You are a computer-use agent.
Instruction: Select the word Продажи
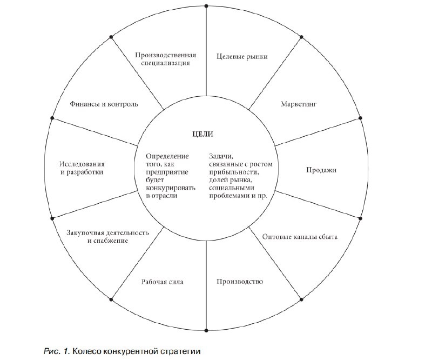click(x=321, y=170)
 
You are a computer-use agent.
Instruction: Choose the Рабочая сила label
click(x=163, y=282)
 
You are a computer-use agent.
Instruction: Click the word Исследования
click(x=82, y=164)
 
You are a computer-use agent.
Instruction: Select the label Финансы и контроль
click(x=104, y=103)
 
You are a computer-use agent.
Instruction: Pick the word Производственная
click(x=165, y=55)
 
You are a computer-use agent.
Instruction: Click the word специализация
click(x=166, y=63)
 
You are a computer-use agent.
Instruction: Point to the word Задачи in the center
click(x=219, y=156)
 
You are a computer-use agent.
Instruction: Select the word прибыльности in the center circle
click(x=230, y=172)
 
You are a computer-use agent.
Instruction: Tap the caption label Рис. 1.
click(x=56, y=352)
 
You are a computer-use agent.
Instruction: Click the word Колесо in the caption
click(x=86, y=352)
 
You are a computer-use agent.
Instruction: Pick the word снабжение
click(x=107, y=241)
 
